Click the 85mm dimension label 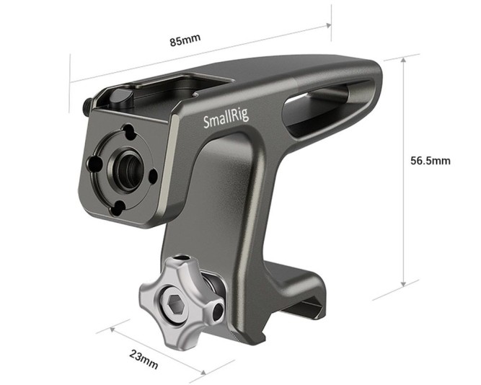point(185,40)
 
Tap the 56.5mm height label point(431,161)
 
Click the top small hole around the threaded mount point(128,133)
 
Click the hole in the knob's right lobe point(216,313)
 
